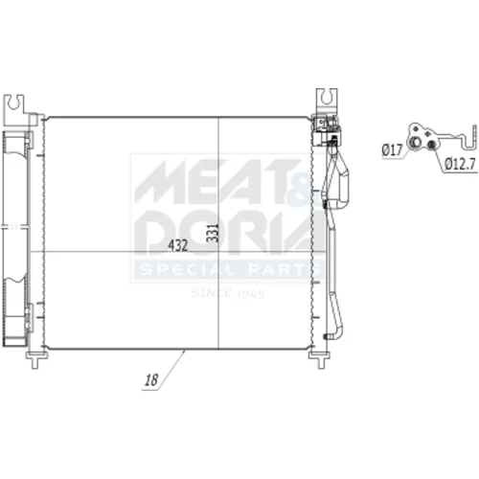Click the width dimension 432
coord(177,245)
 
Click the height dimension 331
coord(213,233)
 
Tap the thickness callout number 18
coord(151,380)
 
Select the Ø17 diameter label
coord(392,149)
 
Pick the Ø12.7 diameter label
coord(460,164)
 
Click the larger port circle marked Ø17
coord(414,142)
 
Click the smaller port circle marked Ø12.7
coord(431,145)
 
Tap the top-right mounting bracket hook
coord(326,98)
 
